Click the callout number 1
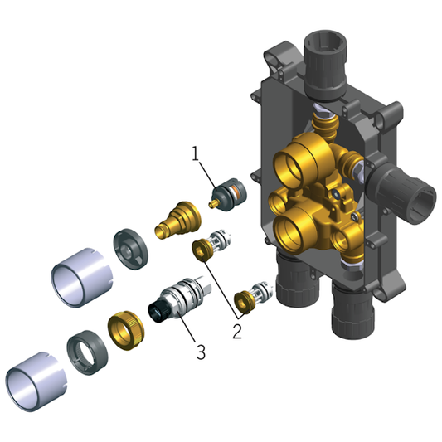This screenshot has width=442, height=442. coord(196,153)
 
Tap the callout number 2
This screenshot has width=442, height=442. coord(237,331)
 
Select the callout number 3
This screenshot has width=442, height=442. coord(201,352)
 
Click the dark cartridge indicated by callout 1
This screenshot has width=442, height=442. coord(229,195)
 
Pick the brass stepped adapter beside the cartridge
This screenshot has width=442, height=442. coord(177,220)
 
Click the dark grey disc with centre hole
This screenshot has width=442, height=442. coord(131,249)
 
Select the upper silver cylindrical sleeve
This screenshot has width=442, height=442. coord(82,278)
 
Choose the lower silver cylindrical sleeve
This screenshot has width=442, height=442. coord(36,381)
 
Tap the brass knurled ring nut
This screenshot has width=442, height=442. coord(126,330)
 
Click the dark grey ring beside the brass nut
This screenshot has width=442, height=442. coord(87,352)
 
